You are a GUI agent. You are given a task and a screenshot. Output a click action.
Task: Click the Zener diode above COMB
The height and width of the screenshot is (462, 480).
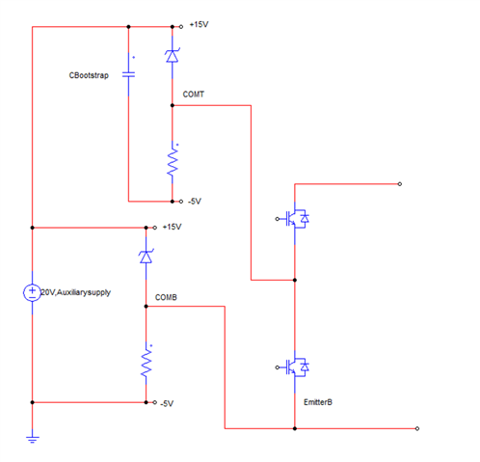tap(146, 257)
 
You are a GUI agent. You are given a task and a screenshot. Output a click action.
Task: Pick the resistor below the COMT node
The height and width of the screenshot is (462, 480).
tap(173, 163)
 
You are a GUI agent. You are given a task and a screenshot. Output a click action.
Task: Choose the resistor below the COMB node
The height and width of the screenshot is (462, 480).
tap(147, 363)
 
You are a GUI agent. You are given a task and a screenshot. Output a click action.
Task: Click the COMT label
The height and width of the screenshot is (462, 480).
tap(193, 95)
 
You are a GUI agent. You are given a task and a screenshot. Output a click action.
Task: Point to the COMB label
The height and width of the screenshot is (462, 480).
tap(166, 299)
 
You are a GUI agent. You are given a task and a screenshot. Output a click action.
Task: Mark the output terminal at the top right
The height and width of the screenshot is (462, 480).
tap(399, 182)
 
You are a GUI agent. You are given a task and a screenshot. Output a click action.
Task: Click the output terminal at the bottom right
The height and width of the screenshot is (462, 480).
tap(416, 428)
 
